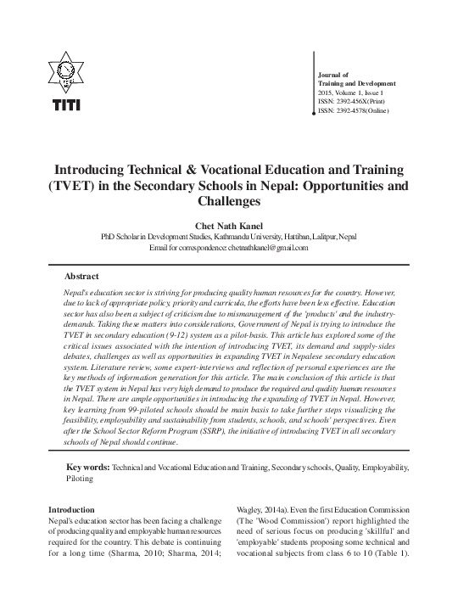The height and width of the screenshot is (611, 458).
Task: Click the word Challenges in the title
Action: point(229,202)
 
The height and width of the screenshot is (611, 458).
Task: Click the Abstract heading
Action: point(81,277)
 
